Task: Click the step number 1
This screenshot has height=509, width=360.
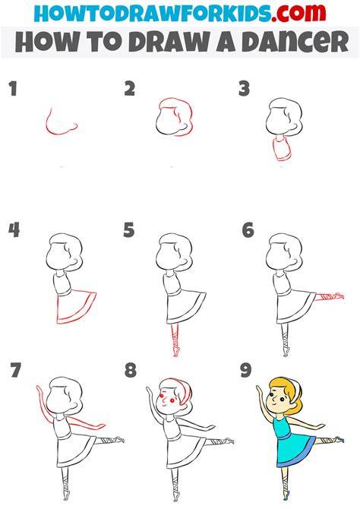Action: pos(13,89)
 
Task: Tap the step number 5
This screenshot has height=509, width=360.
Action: pos(128,230)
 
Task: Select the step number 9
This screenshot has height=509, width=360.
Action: pos(246,371)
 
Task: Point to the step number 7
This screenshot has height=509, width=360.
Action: pos(15,371)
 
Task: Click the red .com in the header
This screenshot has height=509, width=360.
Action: pos(298,13)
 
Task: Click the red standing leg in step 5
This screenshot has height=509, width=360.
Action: pos(175,341)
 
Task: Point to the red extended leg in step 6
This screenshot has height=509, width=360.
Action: pos(329,296)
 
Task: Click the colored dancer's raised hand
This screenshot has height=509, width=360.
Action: pos(259,388)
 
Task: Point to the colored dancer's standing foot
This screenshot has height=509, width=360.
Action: pos(286,496)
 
